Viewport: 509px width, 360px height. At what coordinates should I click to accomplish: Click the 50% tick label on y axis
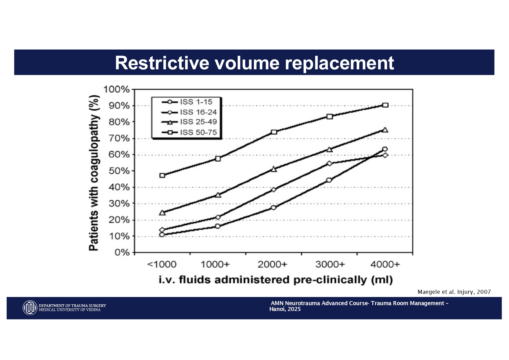(119, 171)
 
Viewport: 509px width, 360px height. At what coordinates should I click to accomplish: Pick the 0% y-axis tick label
(122, 253)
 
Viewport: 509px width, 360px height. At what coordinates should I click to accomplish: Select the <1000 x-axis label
(162, 265)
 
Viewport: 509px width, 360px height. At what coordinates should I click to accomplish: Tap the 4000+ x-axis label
(385, 265)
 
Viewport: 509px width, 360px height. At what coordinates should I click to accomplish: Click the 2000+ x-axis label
(272, 265)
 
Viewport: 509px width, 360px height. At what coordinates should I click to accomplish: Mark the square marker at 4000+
(385, 105)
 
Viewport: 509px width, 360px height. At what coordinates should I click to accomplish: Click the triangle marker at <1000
(162, 213)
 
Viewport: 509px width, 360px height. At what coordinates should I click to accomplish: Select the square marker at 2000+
(274, 132)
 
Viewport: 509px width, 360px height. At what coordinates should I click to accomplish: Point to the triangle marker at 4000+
(385, 130)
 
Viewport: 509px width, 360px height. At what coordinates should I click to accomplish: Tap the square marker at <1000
(162, 176)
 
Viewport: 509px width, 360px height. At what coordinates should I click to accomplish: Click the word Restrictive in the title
(162, 63)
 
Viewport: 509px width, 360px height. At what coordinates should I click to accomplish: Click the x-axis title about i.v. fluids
(276, 280)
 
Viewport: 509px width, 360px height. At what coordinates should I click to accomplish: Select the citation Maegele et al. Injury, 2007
(454, 292)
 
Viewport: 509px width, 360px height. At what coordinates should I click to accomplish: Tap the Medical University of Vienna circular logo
(30, 308)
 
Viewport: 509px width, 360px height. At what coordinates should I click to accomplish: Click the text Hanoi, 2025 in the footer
(285, 309)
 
